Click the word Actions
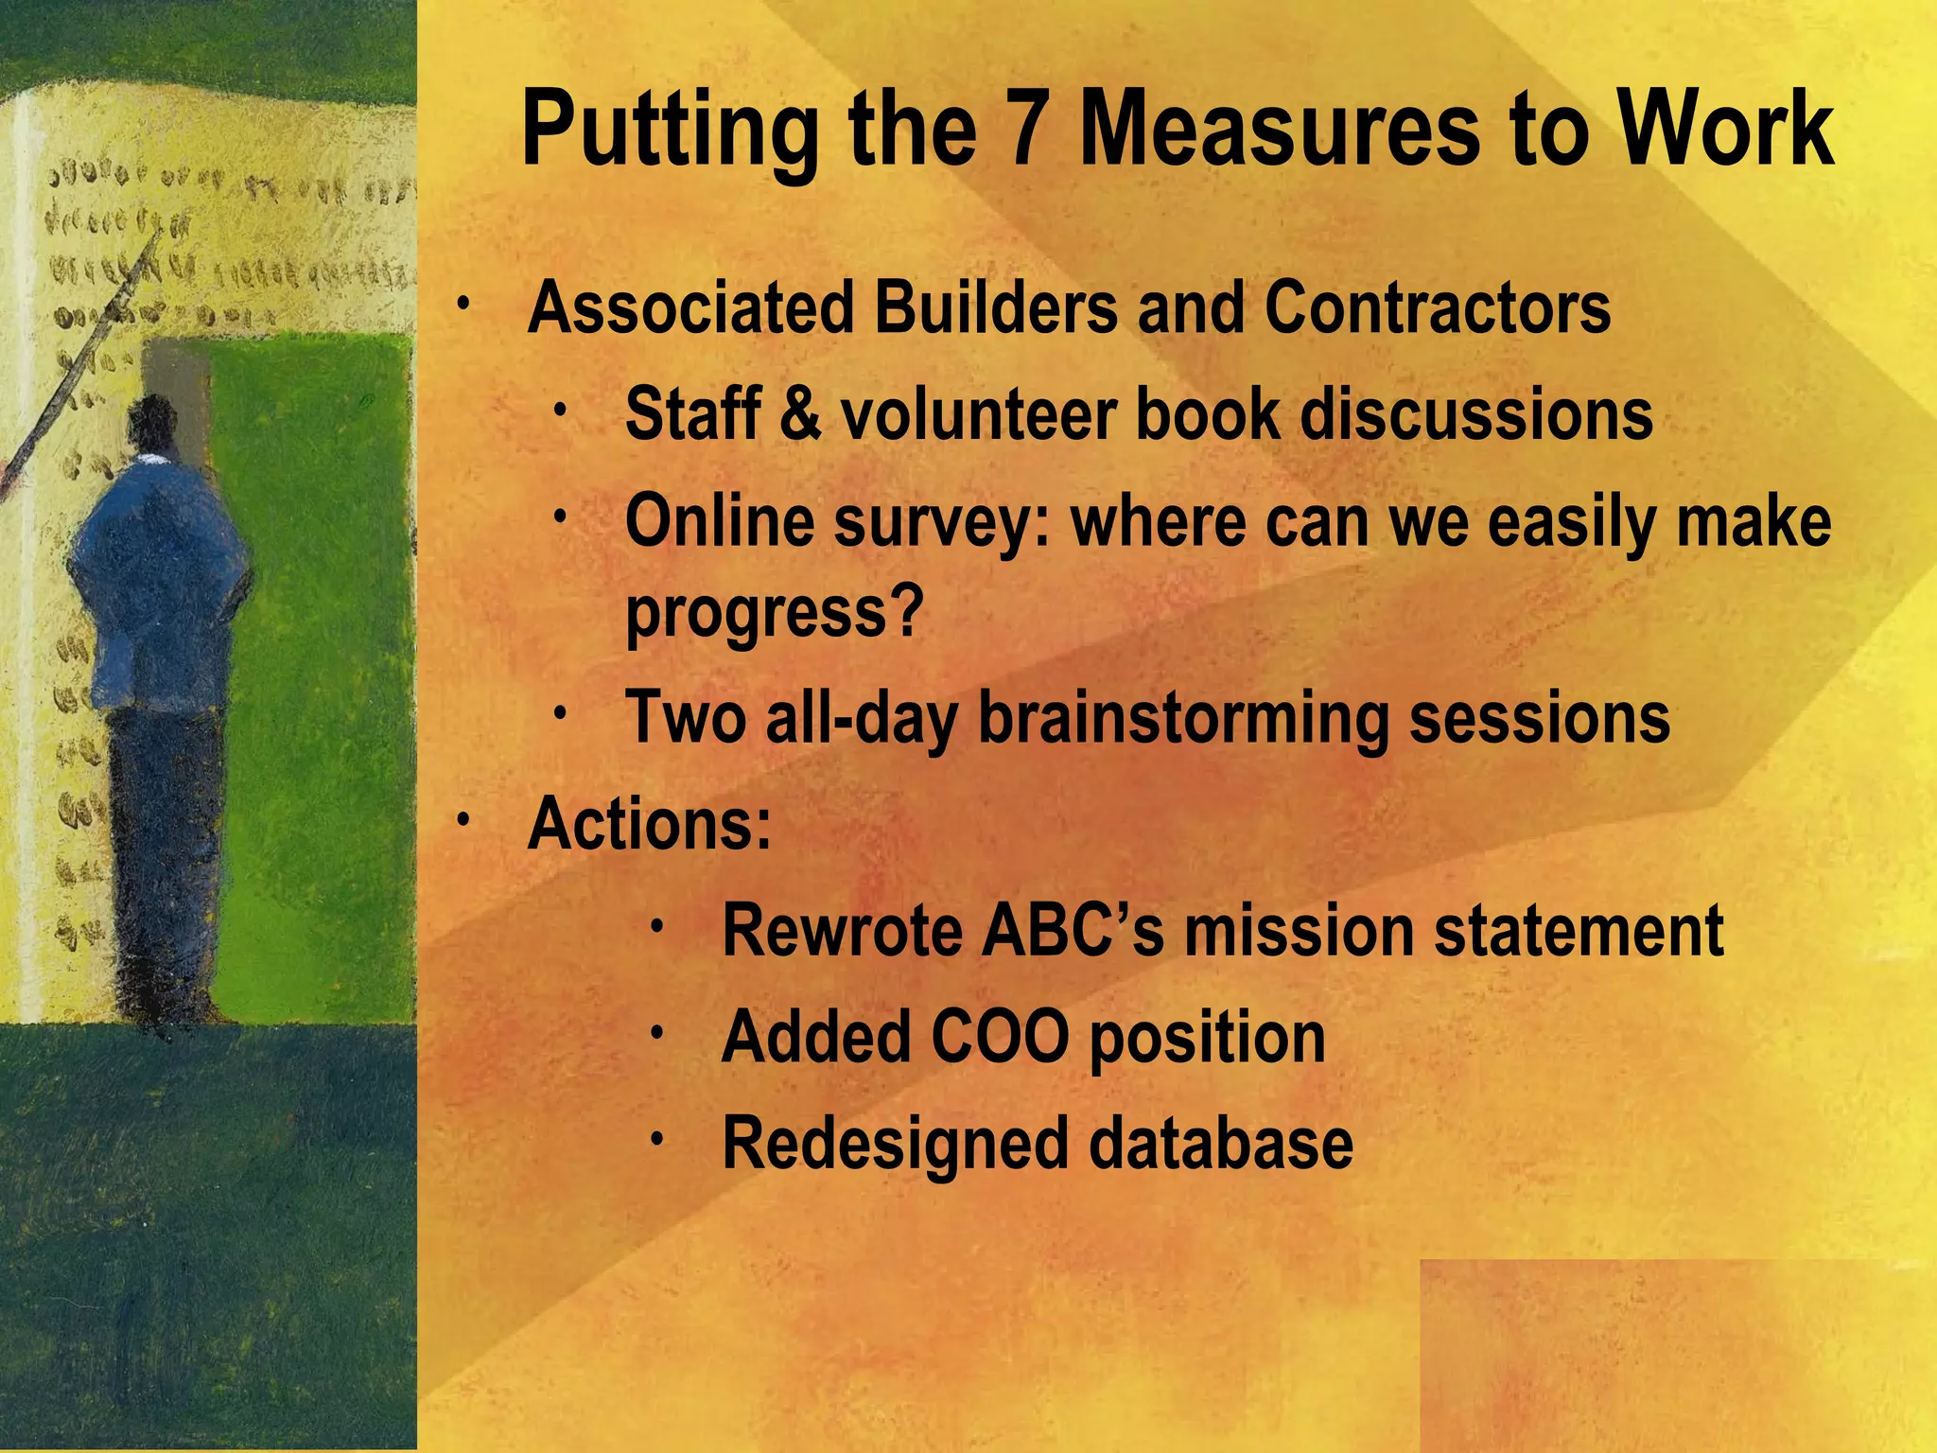click(649, 825)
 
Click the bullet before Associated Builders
click(462, 305)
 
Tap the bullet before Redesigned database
click(657, 1140)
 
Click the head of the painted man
click(151, 426)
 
